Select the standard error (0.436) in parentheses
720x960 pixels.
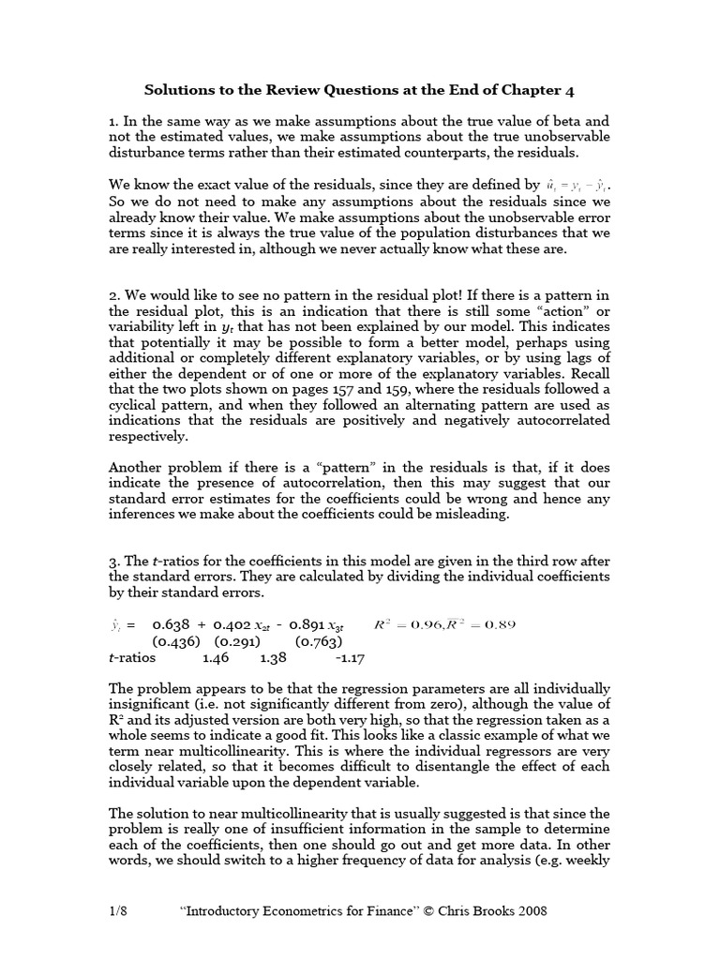click(x=175, y=641)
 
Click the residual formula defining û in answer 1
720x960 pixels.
click(x=577, y=185)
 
